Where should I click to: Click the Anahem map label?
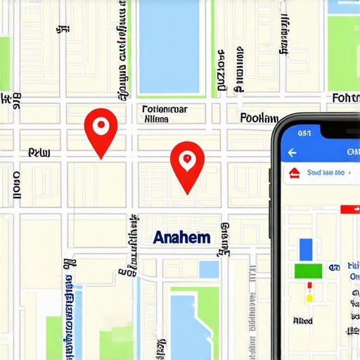181,238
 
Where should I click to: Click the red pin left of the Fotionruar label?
100,129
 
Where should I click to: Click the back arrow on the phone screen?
290,152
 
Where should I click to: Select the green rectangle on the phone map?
308,271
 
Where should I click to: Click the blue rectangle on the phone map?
306,250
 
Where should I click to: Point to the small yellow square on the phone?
308,297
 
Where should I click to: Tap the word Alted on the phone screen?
303,321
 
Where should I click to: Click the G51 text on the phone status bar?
304,131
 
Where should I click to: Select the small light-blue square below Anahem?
209,269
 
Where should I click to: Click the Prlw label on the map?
35,152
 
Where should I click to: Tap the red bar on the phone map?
349,209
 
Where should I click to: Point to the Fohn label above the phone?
345,98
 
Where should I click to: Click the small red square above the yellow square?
308,285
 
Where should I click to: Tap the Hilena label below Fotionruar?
156,120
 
